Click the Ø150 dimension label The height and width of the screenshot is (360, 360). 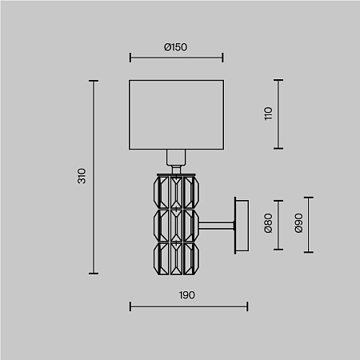click(175, 47)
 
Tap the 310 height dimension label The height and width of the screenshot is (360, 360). click(82, 176)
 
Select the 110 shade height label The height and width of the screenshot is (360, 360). click(268, 114)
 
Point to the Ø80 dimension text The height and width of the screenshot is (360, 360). click(268, 223)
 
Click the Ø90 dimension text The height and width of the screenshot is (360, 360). click(298, 223)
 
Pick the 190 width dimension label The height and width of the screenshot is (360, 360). click(186, 295)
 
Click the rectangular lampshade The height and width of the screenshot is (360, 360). click(176, 114)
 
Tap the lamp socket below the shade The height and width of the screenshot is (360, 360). click(176, 158)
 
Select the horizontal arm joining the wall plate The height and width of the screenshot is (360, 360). click(217, 226)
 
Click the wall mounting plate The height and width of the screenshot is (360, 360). click(242, 226)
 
